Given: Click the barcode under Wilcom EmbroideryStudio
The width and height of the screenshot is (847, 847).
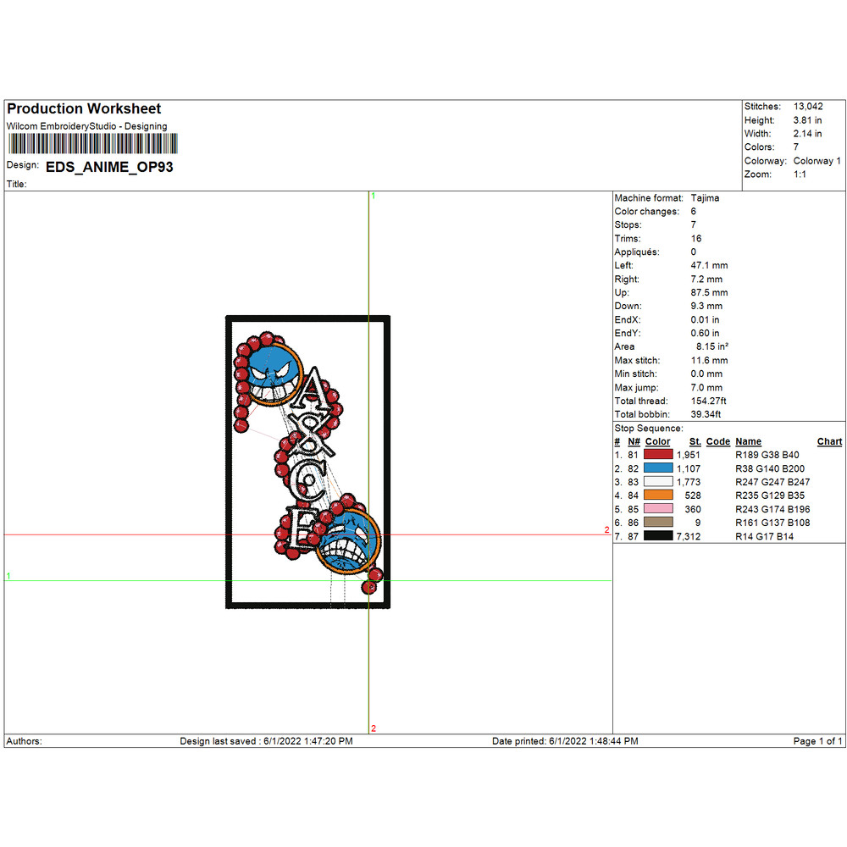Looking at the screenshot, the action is click(x=92, y=144).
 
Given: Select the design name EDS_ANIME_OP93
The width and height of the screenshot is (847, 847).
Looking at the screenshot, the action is click(x=109, y=167).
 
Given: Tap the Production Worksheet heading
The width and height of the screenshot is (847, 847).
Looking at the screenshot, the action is click(x=84, y=108).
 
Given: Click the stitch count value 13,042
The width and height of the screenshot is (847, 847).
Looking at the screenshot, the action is click(x=808, y=107).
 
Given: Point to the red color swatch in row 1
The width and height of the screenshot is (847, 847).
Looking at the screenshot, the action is click(x=658, y=454).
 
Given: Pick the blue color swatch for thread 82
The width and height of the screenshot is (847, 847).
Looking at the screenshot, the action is click(x=658, y=468).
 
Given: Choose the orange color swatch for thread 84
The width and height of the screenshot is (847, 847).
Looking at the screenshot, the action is click(x=658, y=495).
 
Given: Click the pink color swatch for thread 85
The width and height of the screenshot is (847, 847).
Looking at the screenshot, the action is click(x=658, y=508).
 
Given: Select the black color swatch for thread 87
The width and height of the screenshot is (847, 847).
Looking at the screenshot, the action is click(x=658, y=535).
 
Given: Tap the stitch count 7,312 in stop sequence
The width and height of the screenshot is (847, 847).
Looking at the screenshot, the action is click(x=688, y=536).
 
